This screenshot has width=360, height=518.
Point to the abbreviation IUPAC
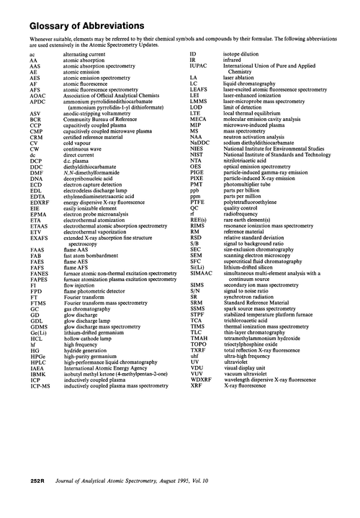pyautogui.click(x=199, y=63)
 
